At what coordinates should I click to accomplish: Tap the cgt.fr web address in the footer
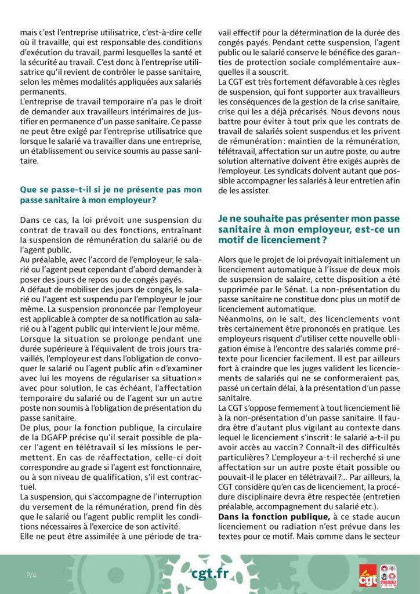click(210, 574)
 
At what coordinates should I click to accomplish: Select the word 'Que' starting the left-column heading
click(28, 190)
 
